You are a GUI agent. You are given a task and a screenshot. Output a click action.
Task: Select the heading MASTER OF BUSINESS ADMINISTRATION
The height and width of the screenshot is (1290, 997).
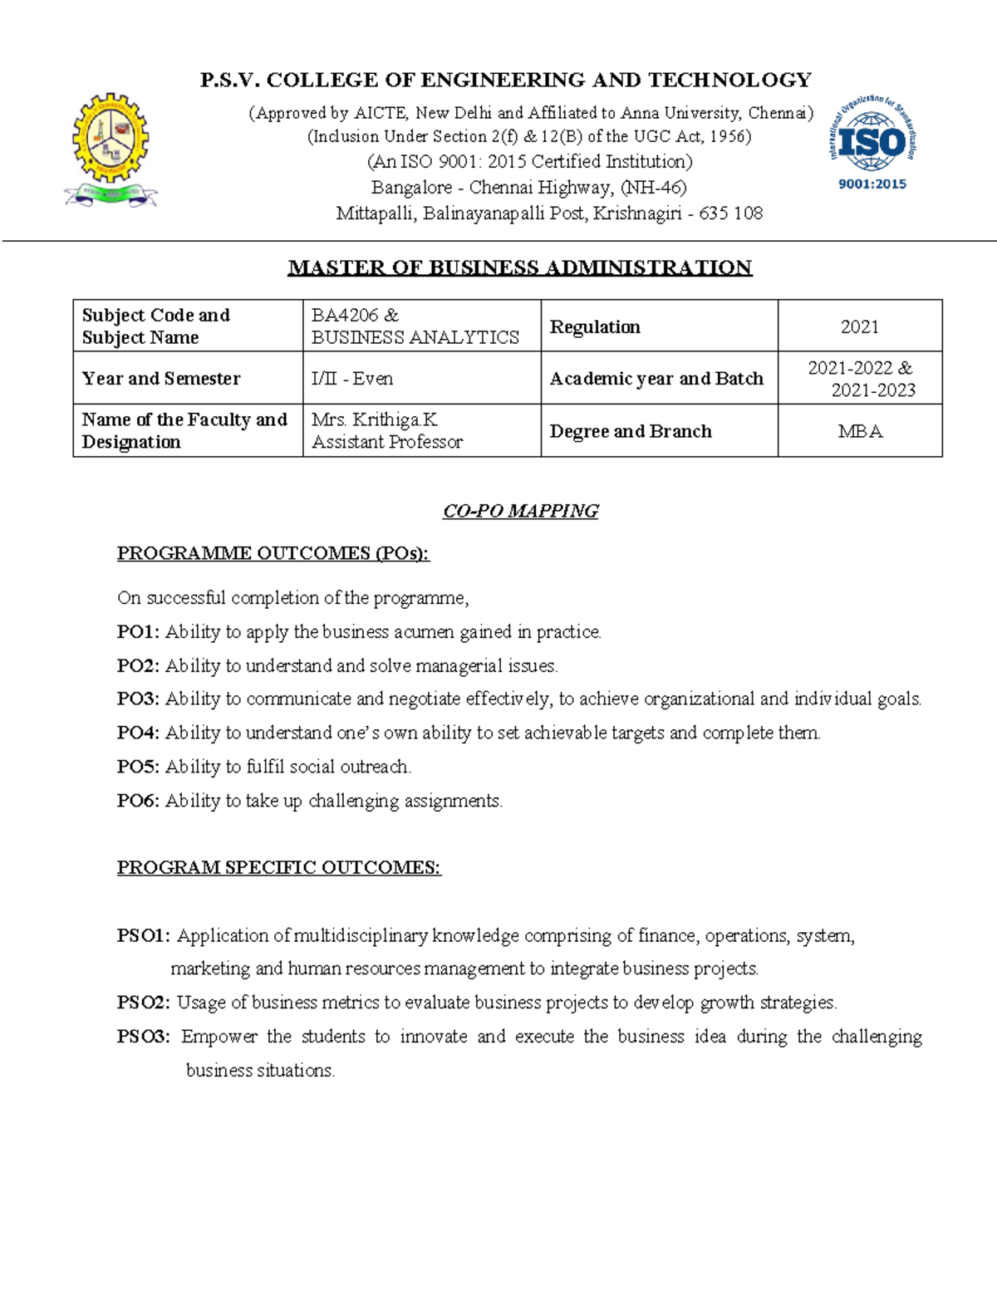click(x=520, y=267)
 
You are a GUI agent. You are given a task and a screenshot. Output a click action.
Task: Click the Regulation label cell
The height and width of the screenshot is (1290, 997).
click(x=595, y=327)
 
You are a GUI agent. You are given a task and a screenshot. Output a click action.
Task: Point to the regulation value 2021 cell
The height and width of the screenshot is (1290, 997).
click(x=859, y=327)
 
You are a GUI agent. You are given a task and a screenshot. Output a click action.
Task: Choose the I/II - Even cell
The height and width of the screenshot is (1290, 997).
click(x=352, y=379)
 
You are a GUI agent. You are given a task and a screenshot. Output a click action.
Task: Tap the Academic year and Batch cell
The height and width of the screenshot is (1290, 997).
click(x=656, y=379)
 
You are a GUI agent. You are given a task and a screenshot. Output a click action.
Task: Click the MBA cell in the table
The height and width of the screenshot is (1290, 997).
click(x=860, y=431)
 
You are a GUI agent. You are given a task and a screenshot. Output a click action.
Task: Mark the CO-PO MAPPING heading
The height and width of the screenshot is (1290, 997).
click(x=520, y=511)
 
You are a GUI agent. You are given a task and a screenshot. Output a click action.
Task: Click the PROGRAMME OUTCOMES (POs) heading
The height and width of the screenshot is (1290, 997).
click(x=273, y=553)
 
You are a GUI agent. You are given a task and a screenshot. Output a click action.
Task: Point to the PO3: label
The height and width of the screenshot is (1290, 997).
click(x=138, y=699)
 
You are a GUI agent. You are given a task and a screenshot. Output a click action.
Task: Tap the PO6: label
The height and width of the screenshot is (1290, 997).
click(x=138, y=801)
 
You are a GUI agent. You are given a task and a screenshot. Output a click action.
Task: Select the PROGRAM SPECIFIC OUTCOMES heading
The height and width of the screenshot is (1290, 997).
click(x=278, y=868)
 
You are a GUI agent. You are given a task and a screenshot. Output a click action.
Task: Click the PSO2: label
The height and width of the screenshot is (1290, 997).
click(x=144, y=1003)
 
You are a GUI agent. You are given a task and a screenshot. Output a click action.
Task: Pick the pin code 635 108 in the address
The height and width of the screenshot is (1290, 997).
click(x=730, y=213)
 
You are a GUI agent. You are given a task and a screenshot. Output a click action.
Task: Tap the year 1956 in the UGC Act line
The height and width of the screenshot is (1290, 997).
click(x=729, y=136)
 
